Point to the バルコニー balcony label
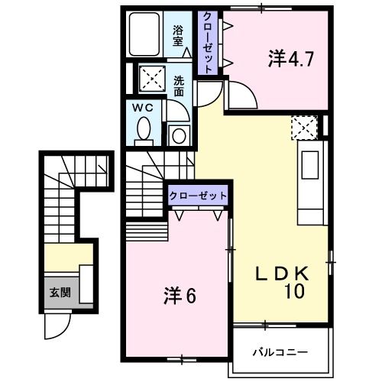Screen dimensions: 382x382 tap(280, 353)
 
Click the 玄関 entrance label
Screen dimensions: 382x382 tap(59, 292)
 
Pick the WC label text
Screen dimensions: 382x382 tap(145, 108)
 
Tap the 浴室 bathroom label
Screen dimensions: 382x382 tap(177, 37)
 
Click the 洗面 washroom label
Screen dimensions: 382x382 tap(178, 86)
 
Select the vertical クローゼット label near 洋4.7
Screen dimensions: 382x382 tap(207, 43)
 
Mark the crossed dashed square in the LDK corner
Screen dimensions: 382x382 tap(304, 127)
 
